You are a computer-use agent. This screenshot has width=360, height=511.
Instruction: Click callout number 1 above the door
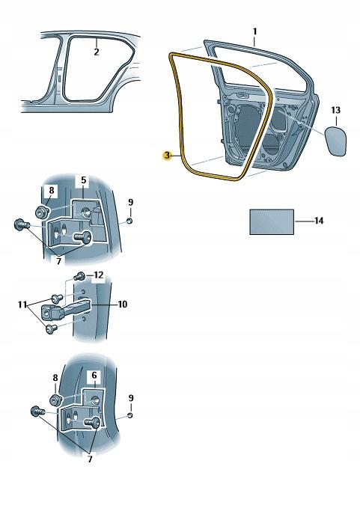pyautogui.click(x=254, y=31)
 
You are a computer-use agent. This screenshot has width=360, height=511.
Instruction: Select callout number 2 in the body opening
pyautogui.click(x=96, y=52)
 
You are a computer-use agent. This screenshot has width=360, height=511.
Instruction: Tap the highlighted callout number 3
pyautogui.click(x=168, y=155)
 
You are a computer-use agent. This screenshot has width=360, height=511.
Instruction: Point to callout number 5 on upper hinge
pyautogui.click(x=84, y=181)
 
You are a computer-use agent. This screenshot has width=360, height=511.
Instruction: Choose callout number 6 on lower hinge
pyautogui.click(x=94, y=375)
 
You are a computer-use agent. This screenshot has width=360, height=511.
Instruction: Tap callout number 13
pyautogui.click(x=336, y=111)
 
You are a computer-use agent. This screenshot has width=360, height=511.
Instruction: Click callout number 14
pyautogui.click(x=320, y=221)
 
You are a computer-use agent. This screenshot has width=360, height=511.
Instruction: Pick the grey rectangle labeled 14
pyautogui.click(x=271, y=221)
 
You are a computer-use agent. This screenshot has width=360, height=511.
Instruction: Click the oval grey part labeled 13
pyautogui.click(x=335, y=141)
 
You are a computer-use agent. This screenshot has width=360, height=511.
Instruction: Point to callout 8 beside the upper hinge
pyautogui.click(x=51, y=191)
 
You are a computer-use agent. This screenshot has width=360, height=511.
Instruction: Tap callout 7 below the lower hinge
pyautogui.click(x=90, y=459)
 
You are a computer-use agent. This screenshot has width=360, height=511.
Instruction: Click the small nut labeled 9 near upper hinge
pyautogui.click(x=129, y=221)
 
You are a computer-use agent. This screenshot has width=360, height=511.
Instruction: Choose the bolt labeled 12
pyautogui.click(x=80, y=278)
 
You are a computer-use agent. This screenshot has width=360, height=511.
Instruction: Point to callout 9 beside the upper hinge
pyautogui.click(x=130, y=202)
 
